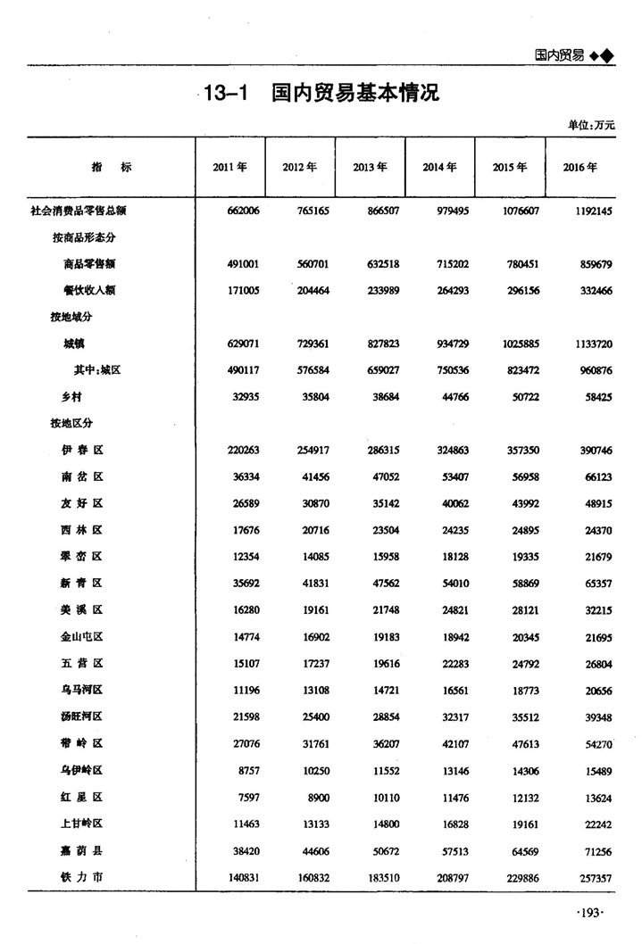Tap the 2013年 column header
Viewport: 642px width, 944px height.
pos(370,167)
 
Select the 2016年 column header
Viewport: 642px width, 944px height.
pos(580,167)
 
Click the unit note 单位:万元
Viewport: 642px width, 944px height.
pos(591,125)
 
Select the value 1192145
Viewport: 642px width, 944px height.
pos(588,211)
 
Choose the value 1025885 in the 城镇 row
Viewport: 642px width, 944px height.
pos(515,344)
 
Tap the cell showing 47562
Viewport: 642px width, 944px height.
pos(381,584)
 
